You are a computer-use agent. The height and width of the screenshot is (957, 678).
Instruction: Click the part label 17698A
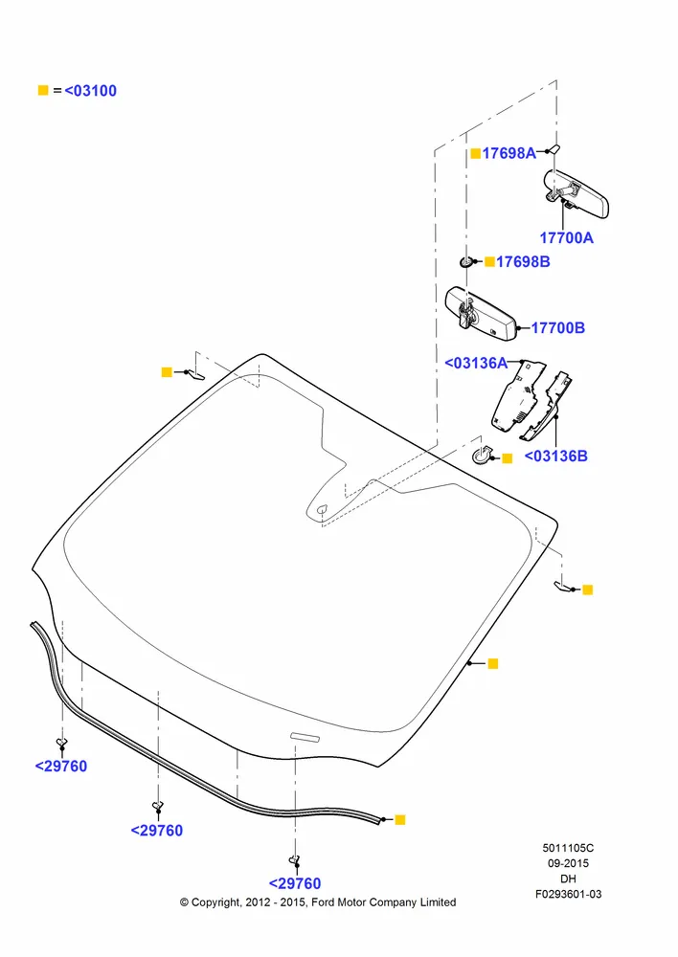coord(508,153)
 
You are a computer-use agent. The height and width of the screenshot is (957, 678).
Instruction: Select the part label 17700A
coord(566,238)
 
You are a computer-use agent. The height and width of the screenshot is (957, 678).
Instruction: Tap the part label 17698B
coord(523,262)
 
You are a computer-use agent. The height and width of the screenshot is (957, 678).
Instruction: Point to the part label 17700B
coord(557,327)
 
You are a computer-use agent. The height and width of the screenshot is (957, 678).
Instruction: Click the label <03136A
coord(476,363)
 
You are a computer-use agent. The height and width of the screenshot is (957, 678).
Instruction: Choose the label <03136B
coord(555,456)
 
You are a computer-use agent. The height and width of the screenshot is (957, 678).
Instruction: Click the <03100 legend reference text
coord(90,91)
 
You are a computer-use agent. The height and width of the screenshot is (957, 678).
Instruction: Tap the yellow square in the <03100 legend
coord(43,90)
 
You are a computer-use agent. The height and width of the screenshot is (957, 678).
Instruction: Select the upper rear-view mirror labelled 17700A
coord(576,193)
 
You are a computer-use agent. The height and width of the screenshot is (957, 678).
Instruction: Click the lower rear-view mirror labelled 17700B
coord(481,314)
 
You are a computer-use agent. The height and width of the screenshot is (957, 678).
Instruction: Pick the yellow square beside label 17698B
coord(489,262)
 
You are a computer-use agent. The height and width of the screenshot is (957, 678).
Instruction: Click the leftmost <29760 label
coord(61,767)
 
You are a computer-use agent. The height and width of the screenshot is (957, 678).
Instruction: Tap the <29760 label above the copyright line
coord(295,883)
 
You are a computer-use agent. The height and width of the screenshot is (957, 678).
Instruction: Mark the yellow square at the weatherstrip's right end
coord(400,820)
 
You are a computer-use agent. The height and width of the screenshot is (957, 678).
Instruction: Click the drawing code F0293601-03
coord(568,894)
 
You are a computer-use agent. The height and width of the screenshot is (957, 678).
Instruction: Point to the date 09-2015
coord(568,863)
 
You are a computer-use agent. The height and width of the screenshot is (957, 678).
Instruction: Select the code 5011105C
coord(568,848)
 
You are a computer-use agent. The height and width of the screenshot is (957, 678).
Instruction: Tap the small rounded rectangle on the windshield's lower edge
coord(305,737)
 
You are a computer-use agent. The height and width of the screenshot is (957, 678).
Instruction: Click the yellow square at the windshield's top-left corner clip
coord(166,371)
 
